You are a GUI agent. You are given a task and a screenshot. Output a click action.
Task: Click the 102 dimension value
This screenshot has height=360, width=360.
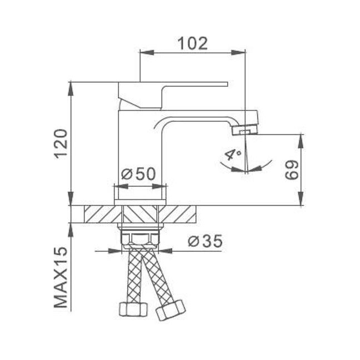[193, 43]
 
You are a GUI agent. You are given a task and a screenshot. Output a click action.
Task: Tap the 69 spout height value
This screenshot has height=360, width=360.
[292, 169]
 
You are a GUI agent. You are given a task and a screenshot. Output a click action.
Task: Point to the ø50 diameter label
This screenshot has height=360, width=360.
[138, 174]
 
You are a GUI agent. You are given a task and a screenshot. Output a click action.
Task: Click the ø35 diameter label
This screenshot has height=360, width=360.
[205, 241]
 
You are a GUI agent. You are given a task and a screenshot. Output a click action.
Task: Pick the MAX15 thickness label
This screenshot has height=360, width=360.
[61, 277]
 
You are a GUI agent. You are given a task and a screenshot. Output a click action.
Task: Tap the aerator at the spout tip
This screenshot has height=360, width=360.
[245, 131]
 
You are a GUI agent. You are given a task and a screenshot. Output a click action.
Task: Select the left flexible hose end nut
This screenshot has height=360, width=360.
[133, 309]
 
